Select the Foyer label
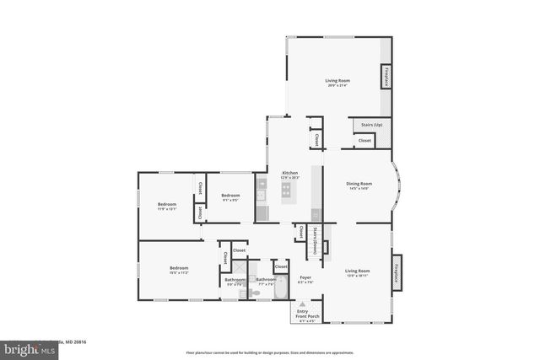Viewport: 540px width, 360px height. click(x=305, y=277)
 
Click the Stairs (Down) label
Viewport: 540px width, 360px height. click(x=315, y=240)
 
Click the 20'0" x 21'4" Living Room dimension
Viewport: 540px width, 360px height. click(x=337, y=85)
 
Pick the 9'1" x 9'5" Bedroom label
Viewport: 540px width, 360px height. click(x=230, y=200)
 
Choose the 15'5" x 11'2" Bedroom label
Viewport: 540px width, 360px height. click(x=179, y=272)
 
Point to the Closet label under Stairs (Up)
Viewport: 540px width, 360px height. click(x=364, y=140)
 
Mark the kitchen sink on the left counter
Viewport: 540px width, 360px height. click(x=262, y=196)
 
